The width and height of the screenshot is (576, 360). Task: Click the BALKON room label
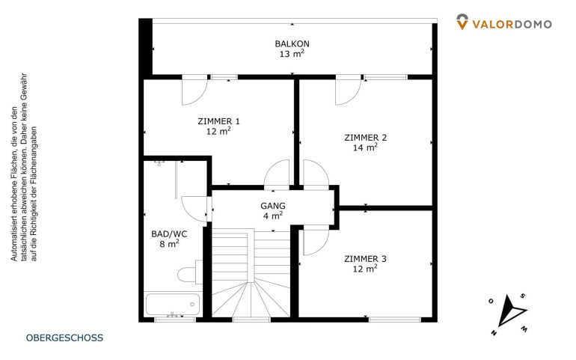pyautogui.click(x=292, y=43)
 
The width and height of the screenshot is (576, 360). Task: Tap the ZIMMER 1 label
pyautogui.click(x=218, y=121)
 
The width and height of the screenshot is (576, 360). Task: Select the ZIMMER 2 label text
pyautogui.click(x=366, y=138)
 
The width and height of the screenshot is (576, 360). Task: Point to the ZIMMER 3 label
pyautogui.click(x=365, y=259)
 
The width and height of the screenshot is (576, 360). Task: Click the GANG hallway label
pyautogui.click(x=273, y=206)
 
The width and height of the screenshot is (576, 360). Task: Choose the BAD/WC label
pyautogui.click(x=169, y=234)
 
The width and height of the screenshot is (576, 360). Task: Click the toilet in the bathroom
pyautogui.click(x=190, y=274)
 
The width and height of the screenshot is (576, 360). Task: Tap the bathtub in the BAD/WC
pyautogui.click(x=174, y=305)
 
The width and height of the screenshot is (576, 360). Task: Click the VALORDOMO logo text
pyautogui.click(x=512, y=24)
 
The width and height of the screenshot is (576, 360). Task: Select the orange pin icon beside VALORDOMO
pyautogui.click(x=462, y=22)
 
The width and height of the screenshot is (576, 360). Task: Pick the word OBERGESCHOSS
pyautogui.click(x=64, y=338)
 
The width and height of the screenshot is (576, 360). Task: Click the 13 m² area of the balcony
pyautogui.click(x=292, y=54)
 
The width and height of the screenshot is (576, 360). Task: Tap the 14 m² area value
pyautogui.click(x=365, y=147)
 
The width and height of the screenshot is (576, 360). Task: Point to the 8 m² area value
pyautogui.click(x=169, y=243)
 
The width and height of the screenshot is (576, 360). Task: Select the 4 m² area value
pyautogui.click(x=273, y=216)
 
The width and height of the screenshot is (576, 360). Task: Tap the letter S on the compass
pyautogui.click(x=523, y=296)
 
